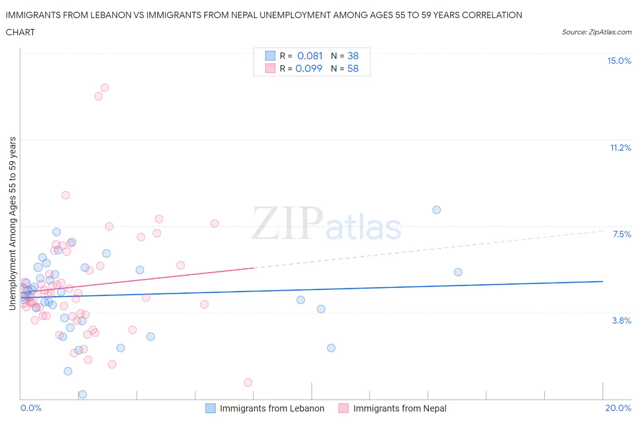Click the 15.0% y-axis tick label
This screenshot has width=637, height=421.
pyautogui.click(x=619, y=61)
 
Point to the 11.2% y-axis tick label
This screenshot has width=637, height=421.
pyautogui.click(x=620, y=148)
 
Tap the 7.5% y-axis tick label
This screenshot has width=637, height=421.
pyautogui.click(x=622, y=234)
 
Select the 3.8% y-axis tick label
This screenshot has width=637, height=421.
pyautogui.click(x=622, y=321)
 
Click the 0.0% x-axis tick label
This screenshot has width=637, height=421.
pyautogui.click(x=31, y=408)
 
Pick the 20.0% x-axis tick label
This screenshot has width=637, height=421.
pyautogui.click(x=618, y=408)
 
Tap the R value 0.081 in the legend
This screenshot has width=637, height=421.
pyautogui.click(x=310, y=56)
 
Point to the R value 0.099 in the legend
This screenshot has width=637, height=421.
pyautogui.click(x=309, y=68)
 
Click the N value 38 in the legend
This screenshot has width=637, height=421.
pyautogui.click(x=353, y=56)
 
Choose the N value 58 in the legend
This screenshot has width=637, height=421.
pyautogui.click(x=353, y=68)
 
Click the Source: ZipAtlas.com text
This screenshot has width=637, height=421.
pyautogui.click(x=596, y=32)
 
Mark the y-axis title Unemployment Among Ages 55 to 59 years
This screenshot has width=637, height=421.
pyautogui.click(x=12, y=223)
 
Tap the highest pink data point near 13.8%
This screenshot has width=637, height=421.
pyautogui.click(x=105, y=87)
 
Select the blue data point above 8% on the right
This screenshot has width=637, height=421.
pyautogui.click(x=436, y=210)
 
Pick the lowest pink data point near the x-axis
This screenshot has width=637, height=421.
pyautogui.click(x=248, y=383)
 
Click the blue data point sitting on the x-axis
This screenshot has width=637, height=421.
pyautogui.click(x=82, y=394)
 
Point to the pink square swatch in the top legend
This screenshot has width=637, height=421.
pyautogui.click(x=270, y=68)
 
